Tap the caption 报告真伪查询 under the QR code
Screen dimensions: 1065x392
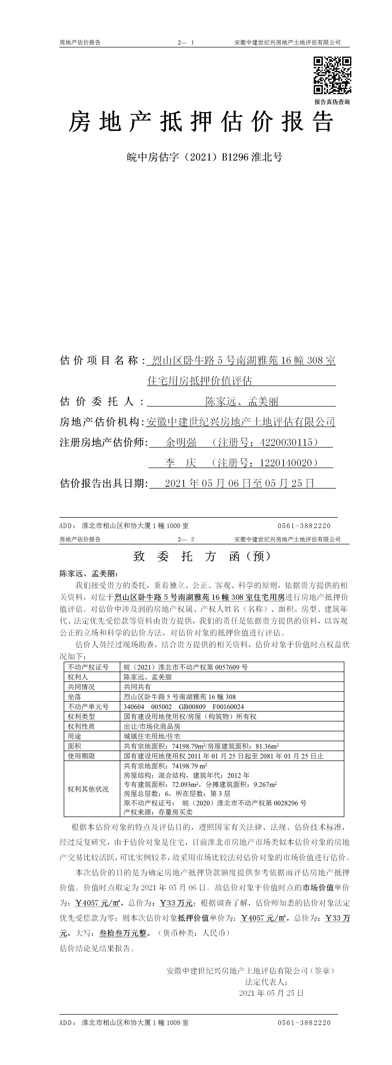click(x=332, y=102)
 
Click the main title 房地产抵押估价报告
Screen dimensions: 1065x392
click(x=201, y=122)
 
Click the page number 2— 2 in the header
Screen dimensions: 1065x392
click(x=186, y=539)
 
